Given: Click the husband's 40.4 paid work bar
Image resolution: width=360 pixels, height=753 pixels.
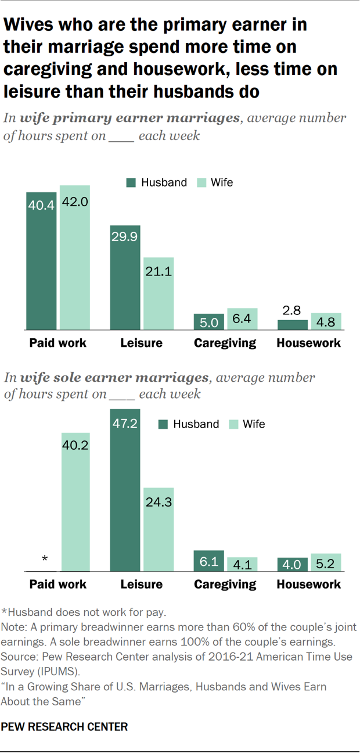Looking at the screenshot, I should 41,261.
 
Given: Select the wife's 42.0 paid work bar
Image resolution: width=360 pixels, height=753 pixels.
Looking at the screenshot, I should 75,258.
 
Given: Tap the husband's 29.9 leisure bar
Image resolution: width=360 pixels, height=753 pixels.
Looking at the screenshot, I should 125,278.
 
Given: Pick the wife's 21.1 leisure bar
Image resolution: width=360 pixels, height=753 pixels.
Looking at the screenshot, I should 159,294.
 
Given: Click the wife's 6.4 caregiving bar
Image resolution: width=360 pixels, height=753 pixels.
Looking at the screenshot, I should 242,320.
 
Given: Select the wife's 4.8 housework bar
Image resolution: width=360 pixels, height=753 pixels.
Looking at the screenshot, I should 326,322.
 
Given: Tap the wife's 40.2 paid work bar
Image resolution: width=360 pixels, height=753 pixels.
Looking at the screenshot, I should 75,502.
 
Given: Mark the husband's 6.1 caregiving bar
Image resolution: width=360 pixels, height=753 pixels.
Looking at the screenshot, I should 208,561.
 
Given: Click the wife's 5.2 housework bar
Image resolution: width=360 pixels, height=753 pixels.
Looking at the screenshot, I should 326,562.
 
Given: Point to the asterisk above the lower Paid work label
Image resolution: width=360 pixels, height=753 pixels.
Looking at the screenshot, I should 45,560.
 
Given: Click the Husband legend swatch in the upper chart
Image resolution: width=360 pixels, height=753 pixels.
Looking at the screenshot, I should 131,182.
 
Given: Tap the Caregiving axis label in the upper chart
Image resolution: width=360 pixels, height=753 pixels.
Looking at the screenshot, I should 225,343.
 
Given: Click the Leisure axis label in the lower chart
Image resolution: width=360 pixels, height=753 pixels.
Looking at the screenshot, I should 141,585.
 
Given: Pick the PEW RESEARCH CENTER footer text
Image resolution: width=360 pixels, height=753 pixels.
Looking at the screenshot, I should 64,726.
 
